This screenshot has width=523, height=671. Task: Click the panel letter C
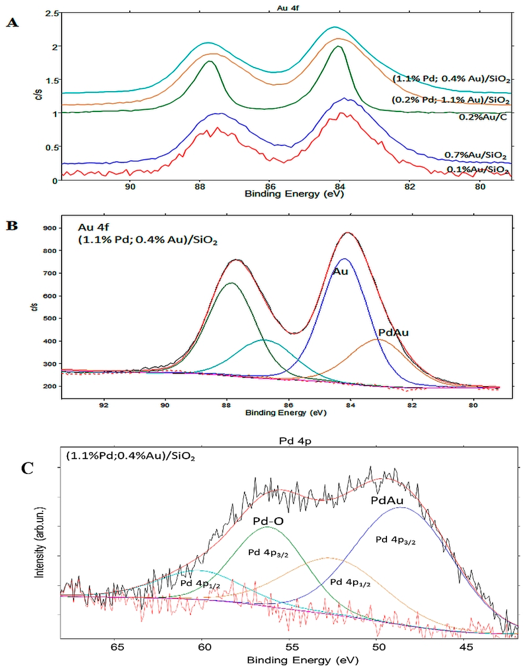27,469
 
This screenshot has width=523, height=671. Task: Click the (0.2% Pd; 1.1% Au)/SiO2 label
450,100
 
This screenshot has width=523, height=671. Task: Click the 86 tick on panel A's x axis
270,187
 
